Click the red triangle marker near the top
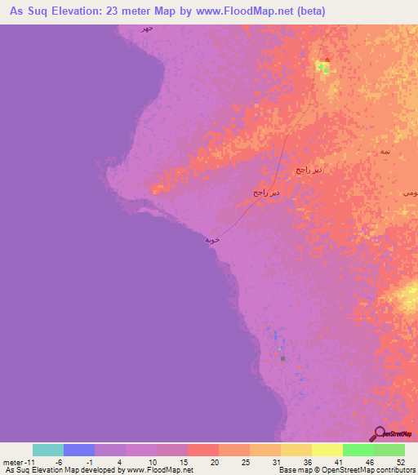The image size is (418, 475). tap(327, 60)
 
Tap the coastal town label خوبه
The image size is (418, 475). tap(212, 240)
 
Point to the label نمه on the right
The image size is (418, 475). tap(385, 153)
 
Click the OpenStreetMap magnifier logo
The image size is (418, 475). tap(377, 433)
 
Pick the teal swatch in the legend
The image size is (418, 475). tap(48, 450)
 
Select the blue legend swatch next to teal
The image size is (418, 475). tap(79, 450)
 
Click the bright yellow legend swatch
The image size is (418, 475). tap(327, 450)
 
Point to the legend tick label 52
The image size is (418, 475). tap(399, 461)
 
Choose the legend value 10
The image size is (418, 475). tap(152, 461)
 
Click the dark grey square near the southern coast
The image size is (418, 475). tap(282, 357)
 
